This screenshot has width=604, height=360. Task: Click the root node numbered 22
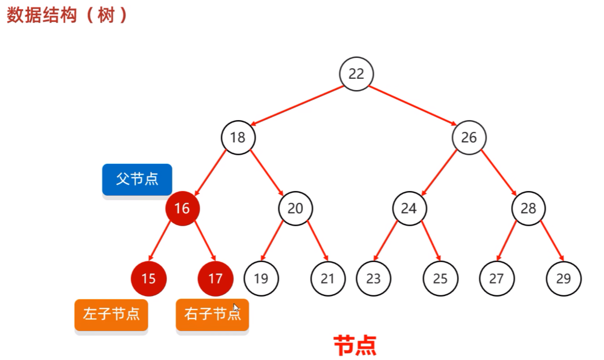(356, 74)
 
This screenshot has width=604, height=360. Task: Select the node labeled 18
(238, 137)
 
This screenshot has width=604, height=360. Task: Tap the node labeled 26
(469, 137)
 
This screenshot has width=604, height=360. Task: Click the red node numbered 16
(182, 209)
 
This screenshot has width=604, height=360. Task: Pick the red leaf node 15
(148, 278)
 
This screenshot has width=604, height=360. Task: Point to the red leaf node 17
(215, 278)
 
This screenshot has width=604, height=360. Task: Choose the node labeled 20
(295, 209)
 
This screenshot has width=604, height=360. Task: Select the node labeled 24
(409, 209)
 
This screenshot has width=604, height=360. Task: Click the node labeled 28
(528, 209)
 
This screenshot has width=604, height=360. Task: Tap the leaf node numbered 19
(261, 278)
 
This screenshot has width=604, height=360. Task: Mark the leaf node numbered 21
(328, 278)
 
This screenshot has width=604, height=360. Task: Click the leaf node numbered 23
(373, 278)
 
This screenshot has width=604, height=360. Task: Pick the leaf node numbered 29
(564, 278)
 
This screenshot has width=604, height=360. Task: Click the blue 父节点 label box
(137, 179)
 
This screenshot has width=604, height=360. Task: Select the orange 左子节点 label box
(111, 314)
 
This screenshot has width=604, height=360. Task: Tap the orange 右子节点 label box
(212, 314)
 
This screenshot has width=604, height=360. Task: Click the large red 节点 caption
(355, 345)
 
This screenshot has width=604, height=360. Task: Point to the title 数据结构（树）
(67, 15)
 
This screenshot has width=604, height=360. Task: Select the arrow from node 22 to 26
(414, 105)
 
